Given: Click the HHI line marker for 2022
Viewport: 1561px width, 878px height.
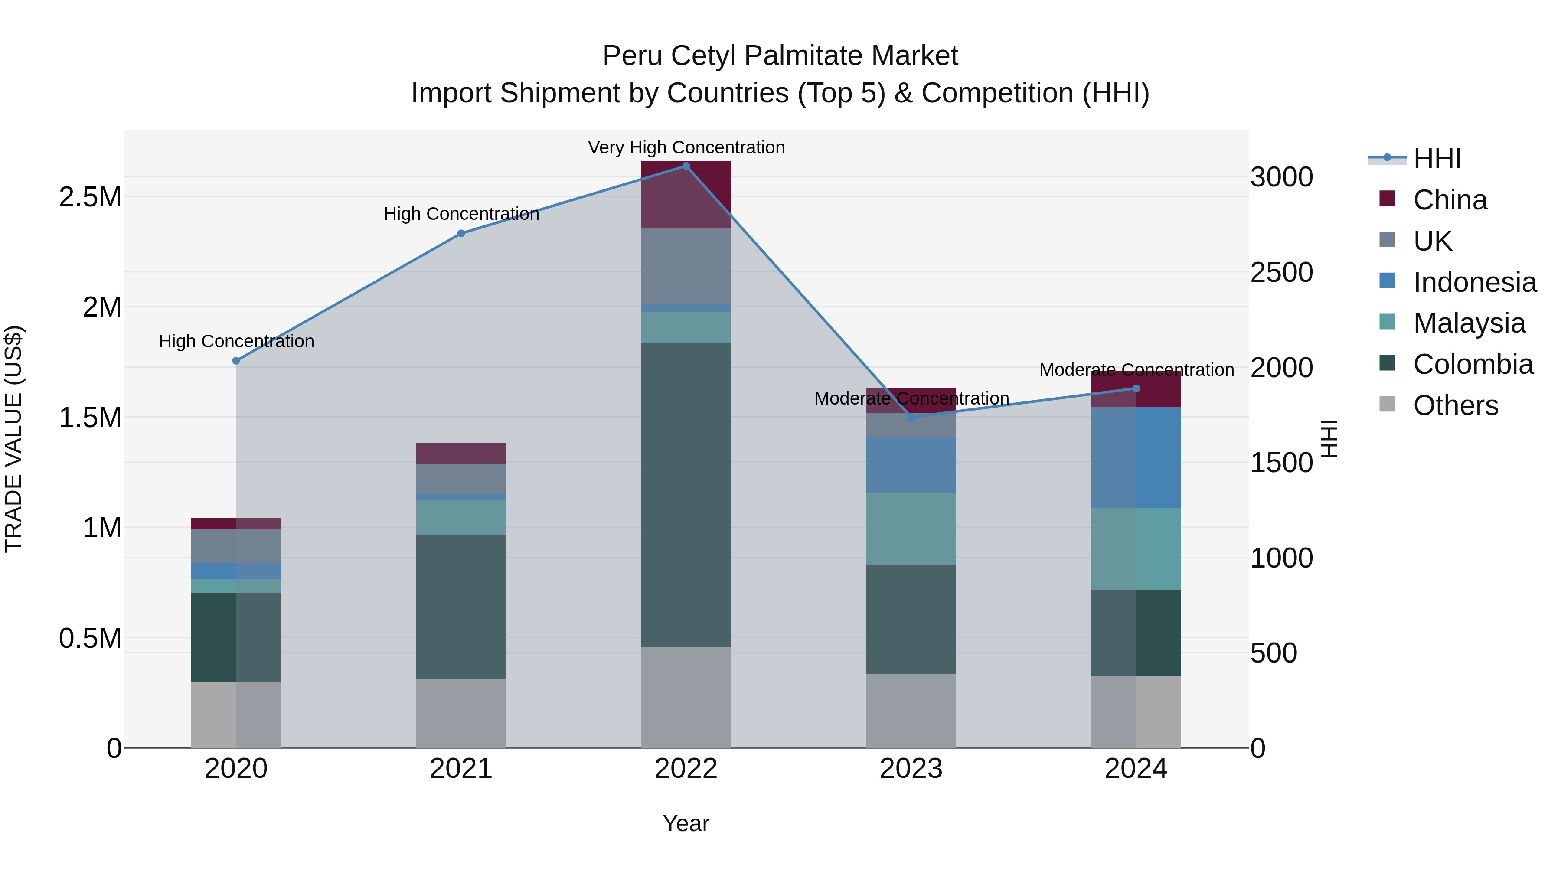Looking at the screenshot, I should pyautogui.click(x=686, y=166).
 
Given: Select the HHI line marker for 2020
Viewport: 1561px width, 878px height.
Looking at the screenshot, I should pyautogui.click(x=236, y=361).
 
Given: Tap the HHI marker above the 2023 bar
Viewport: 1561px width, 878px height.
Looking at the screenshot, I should pyautogui.click(x=911, y=417).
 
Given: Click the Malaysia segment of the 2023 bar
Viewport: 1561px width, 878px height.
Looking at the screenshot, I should pyautogui.click(x=911, y=529).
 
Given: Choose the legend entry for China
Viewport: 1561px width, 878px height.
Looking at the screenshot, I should pyautogui.click(x=1450, y=200).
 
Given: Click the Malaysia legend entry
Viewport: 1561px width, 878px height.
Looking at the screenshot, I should pyautogui.click(x=1469, y=323).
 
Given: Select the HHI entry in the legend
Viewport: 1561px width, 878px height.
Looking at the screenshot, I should pyautogui.click(x=1437, y=159).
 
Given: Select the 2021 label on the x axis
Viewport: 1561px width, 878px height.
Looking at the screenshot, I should pyautogui.click(x=461, y=769).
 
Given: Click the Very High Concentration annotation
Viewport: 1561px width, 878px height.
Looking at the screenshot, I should pyautogui.click(x=686, y=147).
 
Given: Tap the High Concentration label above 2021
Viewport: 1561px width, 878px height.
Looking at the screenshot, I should pyautogui.click(x=461, y=214).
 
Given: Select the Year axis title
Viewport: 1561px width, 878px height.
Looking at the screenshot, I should pyautogui.click(x=686, y=823).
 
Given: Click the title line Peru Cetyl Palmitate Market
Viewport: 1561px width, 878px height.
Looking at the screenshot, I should pyautogui.click(x=780, y=56).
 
